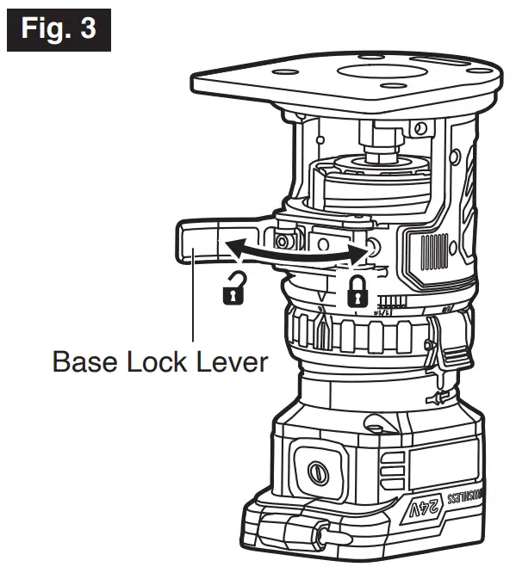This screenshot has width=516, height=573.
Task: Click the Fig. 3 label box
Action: tap(59, 29)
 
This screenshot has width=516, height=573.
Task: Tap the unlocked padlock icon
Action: tap(232, 292)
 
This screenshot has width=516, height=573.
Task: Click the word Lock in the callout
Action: tap(160, 360)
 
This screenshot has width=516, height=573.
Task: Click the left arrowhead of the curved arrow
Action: tap(233, 249)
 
